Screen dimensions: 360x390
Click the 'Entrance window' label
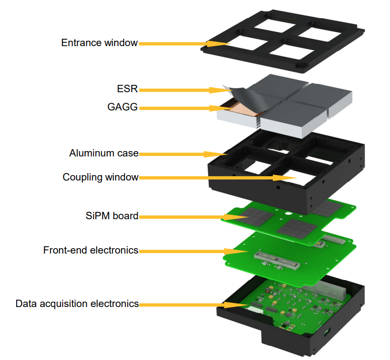point(99,43)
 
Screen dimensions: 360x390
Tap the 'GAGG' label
point(122,107)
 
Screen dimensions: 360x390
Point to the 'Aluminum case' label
point(104,153)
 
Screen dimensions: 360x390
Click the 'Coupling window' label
point(100,177)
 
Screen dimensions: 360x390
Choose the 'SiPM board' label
point(112,216)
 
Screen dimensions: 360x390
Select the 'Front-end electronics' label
point(91,250)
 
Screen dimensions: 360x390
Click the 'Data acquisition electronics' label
point(77,304)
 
